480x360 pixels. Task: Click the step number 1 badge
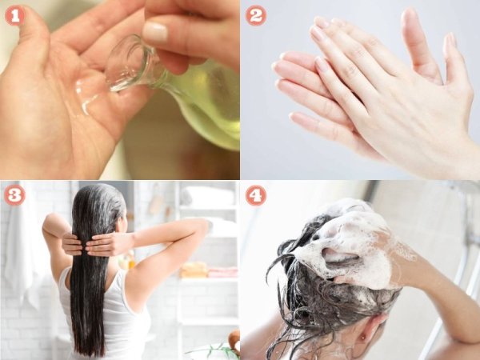coord(14,15)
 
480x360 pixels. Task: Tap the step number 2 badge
coord(256,15)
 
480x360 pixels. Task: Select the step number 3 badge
coord(14,195)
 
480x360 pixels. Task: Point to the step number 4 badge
coord(256,195)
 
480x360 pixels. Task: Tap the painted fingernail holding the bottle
coord(155,31)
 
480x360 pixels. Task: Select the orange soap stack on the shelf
coord(194,270)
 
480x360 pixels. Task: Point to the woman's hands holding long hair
coord(92,243)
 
